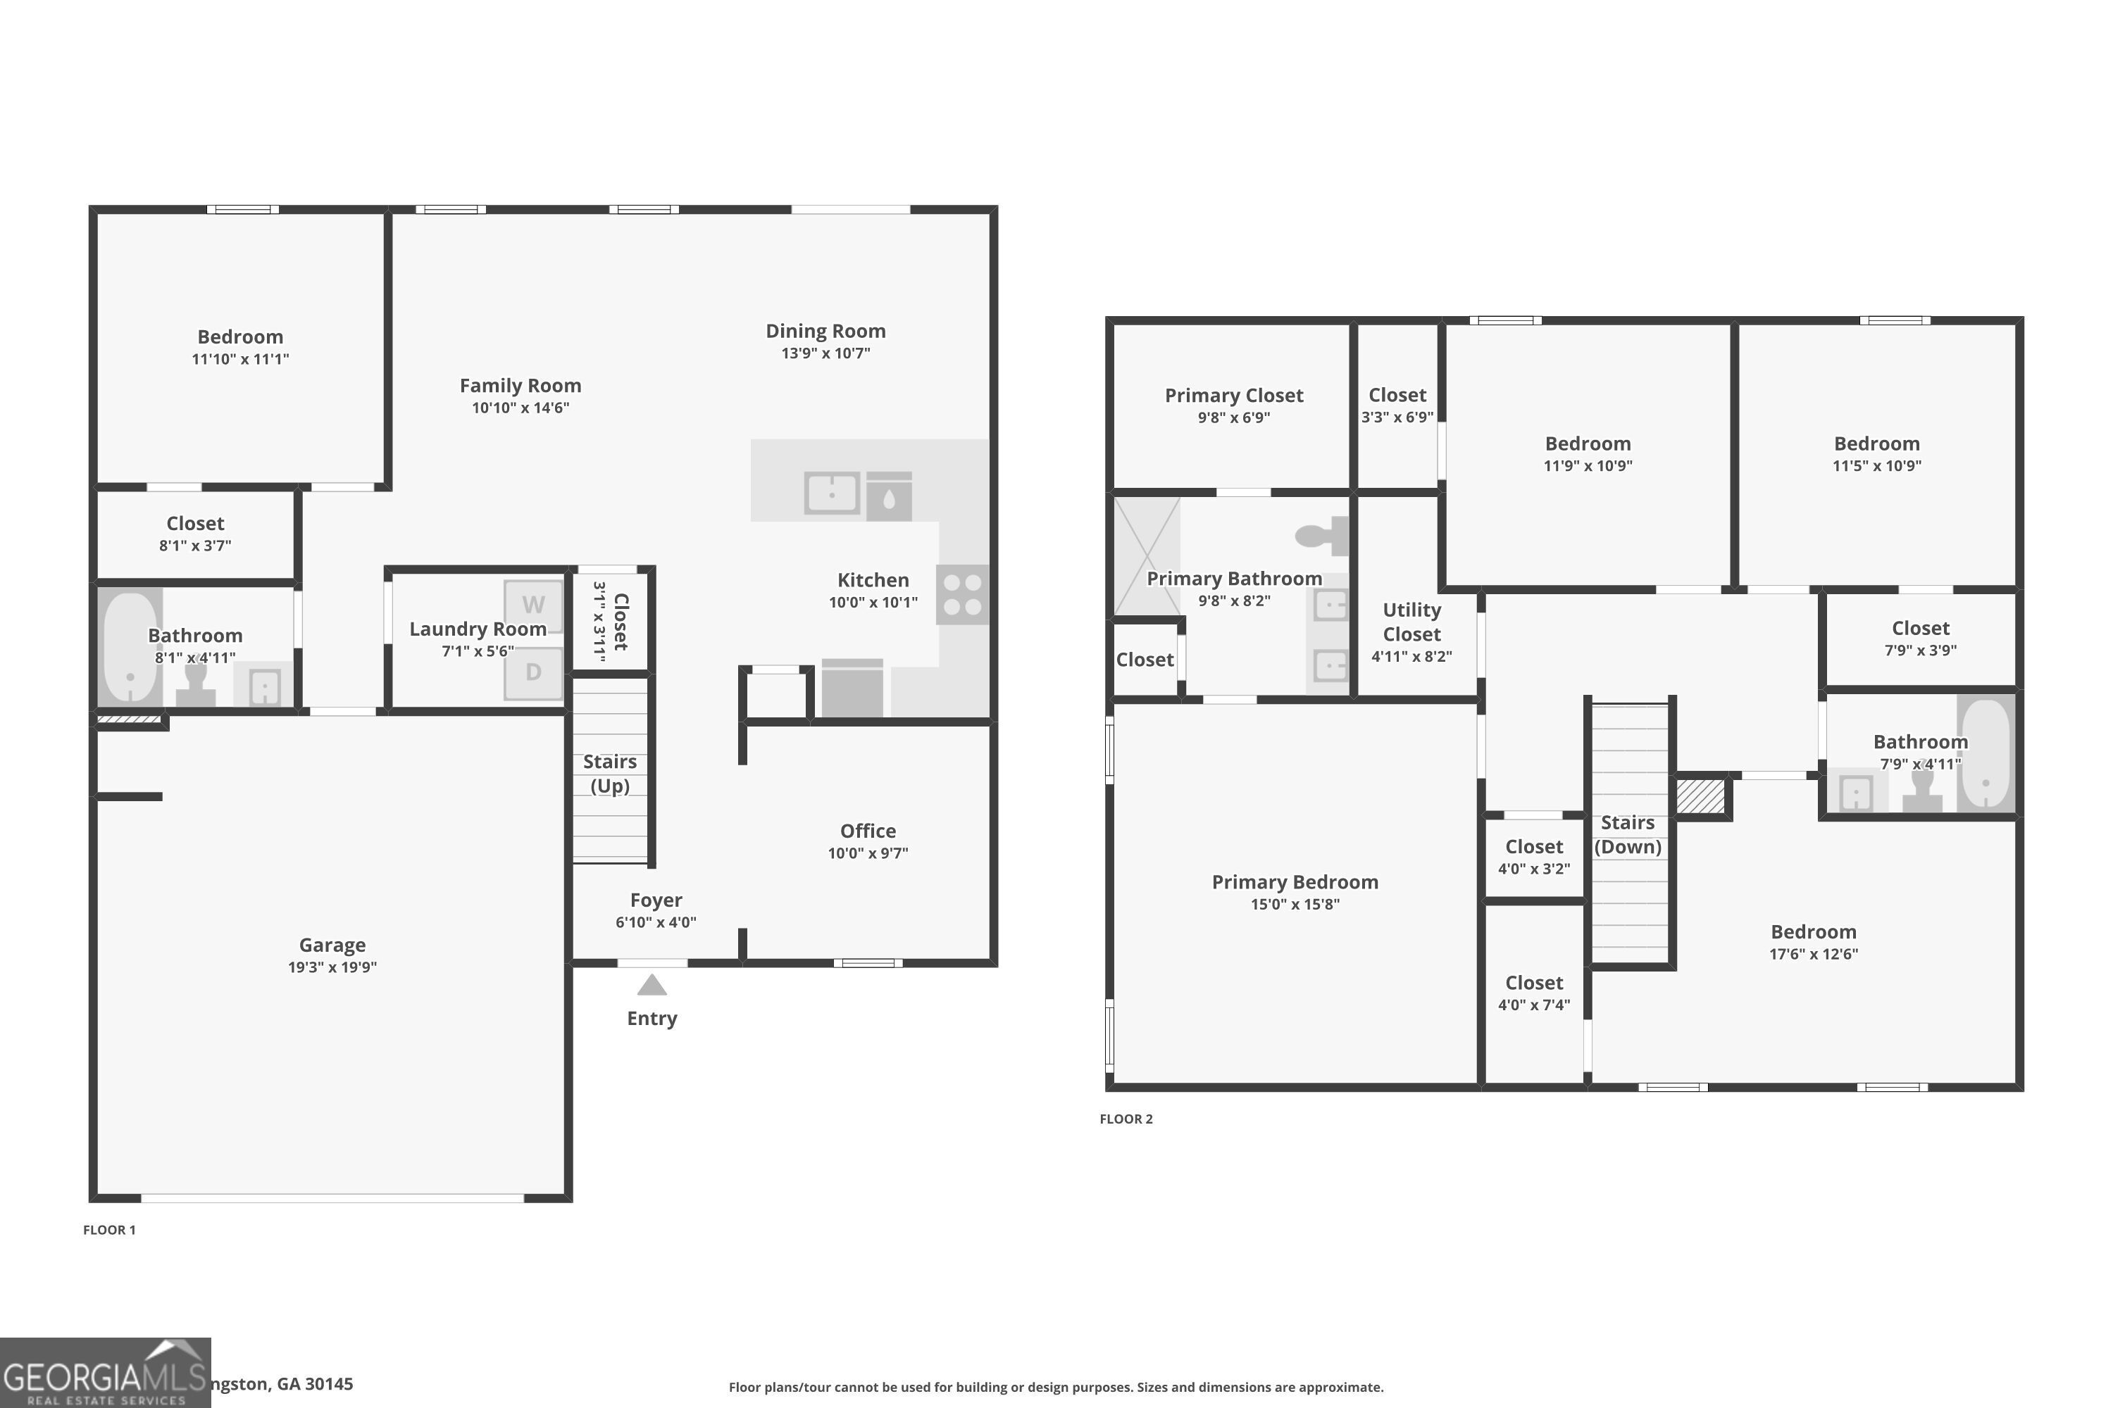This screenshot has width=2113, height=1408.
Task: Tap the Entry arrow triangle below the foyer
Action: (x=652, y=986)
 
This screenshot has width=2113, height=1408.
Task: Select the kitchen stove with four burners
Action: (x=962, y=594)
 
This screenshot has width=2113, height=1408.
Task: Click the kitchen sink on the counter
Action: (x=831, y=493)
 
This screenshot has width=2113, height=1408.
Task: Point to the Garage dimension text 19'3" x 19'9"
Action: (x=332, y=967)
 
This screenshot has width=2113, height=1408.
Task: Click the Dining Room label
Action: (x=825, y=332)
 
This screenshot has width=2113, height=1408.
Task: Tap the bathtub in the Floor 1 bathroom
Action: (x=130, y=646)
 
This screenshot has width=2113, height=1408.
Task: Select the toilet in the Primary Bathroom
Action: (x=1321, y=536)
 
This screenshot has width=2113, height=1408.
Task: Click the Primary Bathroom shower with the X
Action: (x=1147, y=557)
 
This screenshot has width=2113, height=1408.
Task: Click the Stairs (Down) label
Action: (x=1627, y=834)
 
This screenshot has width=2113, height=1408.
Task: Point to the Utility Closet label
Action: (x=1411, y=622)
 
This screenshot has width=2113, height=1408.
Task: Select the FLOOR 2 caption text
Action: (x=1126, y=1119)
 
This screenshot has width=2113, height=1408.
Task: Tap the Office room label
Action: (x=868, y=831)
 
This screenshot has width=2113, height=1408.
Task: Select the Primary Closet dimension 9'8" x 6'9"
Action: (x=1233, y=417)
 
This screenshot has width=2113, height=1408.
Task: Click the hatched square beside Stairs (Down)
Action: (x=1701, y=796)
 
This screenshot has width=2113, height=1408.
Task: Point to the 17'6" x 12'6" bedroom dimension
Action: (x=1813, y=955)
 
